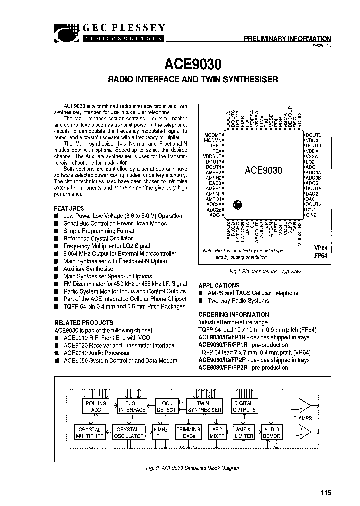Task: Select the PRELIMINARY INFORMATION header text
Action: (x=287, y=38)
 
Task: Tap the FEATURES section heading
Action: (x=69, y=208)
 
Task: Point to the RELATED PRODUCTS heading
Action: (x=83, y=323)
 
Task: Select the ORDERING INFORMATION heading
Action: (x=233, y=315)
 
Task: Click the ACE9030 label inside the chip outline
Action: (x=263, y=170)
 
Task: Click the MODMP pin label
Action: (x=213, y=135)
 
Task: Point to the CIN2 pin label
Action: (x=311, y=215)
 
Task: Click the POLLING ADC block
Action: (x=96, y=406)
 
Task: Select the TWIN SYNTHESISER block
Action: (x=203, y=406)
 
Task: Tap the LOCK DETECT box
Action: (x=166, y=406)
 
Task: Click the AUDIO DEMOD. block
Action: (x=272, y=432)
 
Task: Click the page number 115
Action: (x=326, y=493)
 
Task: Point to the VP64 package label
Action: (x=320, y=247)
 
